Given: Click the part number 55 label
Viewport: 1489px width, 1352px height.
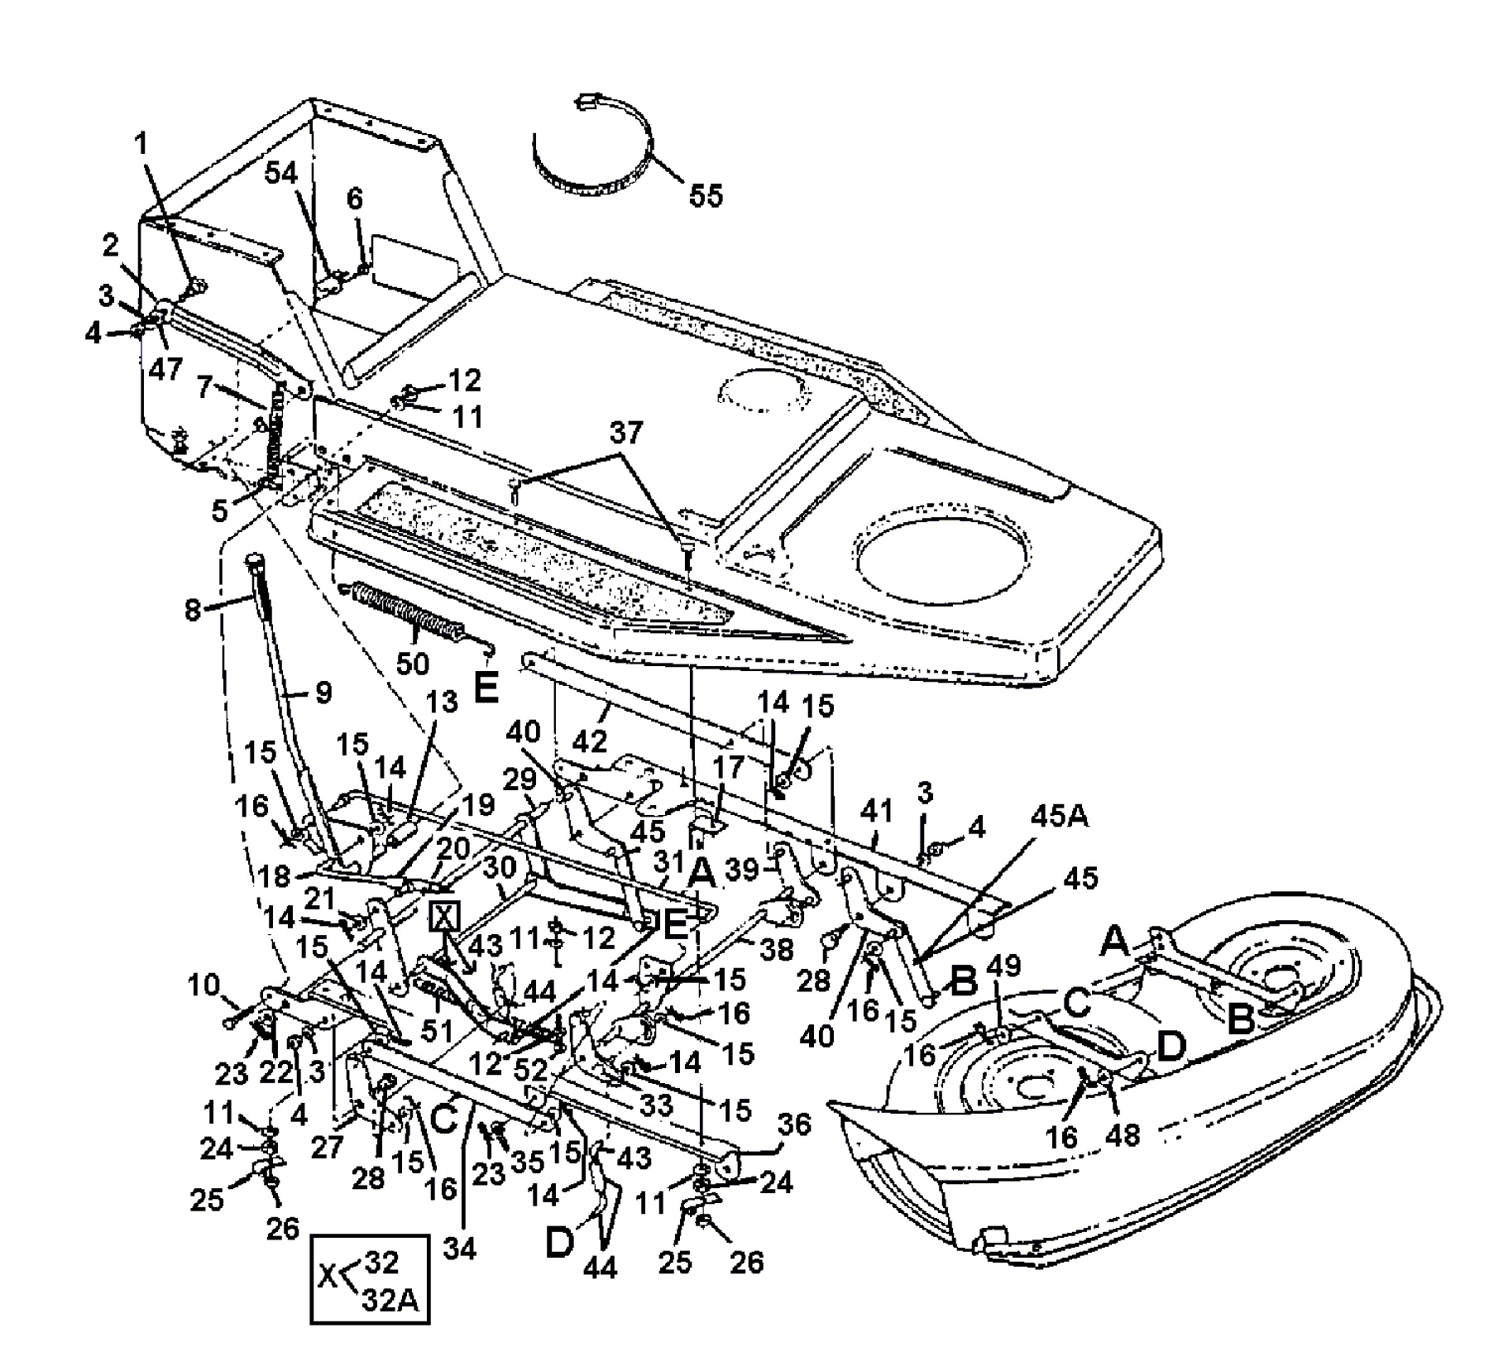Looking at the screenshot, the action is click(705, 195).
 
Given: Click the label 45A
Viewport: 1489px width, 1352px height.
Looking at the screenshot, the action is click(1060, 817).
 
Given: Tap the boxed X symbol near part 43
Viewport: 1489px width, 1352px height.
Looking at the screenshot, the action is click(445, 917).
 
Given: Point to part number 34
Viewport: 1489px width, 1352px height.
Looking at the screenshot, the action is click(459, 1249).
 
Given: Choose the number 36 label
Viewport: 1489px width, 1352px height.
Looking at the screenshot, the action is click(795, 1124).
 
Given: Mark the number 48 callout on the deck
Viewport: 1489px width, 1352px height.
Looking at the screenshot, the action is click(1124, 1135).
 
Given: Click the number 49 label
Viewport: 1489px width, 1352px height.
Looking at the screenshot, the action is click(1005, 966).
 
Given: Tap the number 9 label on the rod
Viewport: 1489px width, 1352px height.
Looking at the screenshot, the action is click(323, 693).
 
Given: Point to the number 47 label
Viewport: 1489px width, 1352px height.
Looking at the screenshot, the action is click(166, 368).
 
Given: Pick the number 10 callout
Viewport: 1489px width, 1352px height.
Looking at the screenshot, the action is click(204, 985).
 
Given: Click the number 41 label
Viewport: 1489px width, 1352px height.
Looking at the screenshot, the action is click(877, 812).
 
